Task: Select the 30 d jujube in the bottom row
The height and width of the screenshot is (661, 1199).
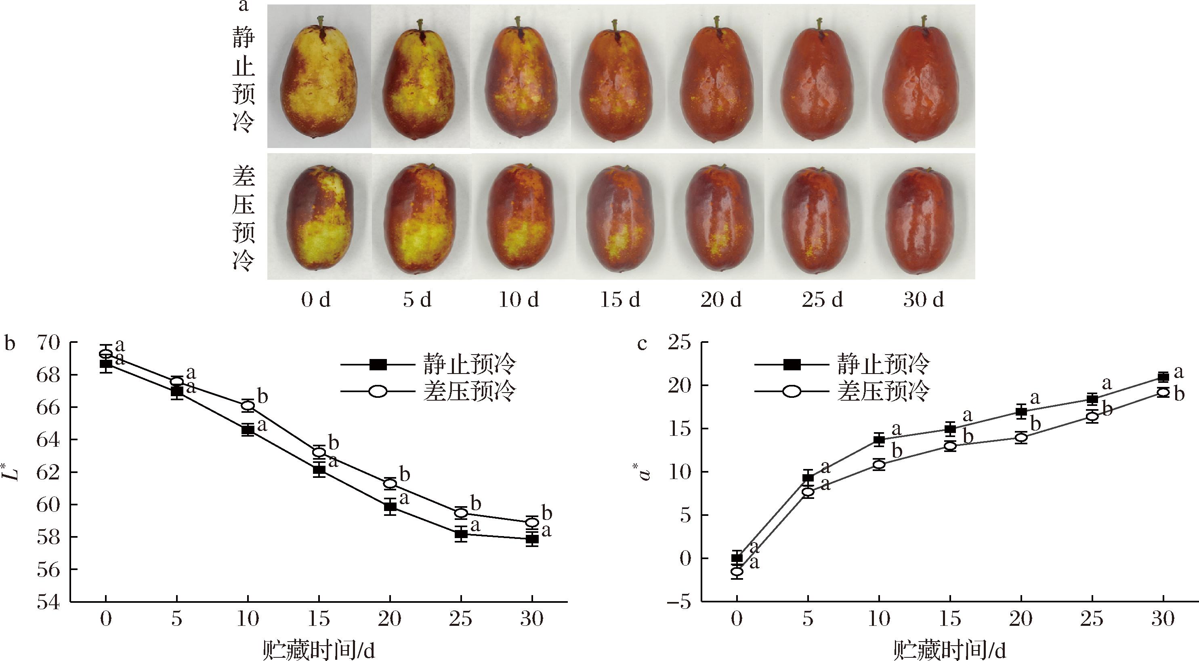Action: coord(923,221)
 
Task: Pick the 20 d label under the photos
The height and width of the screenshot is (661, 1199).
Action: coord(720,300)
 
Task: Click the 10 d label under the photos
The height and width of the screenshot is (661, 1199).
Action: coord(519,300)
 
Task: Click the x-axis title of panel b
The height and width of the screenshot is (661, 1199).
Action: coord(319,650)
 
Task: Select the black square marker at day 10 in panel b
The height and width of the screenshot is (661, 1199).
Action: coord(248,430)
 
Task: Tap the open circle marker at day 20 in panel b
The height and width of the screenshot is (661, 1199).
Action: coord(390,484)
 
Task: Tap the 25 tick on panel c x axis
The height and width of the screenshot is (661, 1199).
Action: coord(1092,619)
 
